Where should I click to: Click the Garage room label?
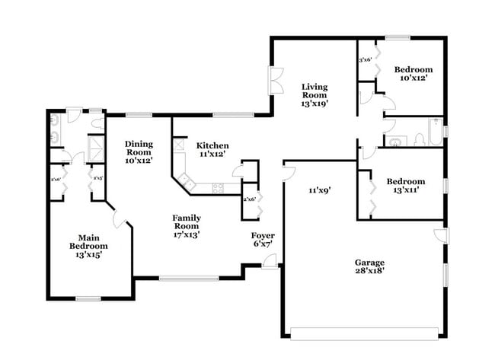pyautogui.click(x=369, y=266)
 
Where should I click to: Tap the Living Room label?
pyautogui.click(x=314, y=95)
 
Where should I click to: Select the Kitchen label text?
pyautogui.click(x=212, y=149)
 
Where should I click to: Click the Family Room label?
pyautogui.click(x=186, y=226)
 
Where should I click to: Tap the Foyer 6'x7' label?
pyautogui.click(x=263, y=241)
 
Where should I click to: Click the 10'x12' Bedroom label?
pyautogui.click(x=413, y=73)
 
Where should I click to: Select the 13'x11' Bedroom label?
pyautogui.click(x=405, y=186)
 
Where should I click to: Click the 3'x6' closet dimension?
pyautogui.click(x=366, y=59)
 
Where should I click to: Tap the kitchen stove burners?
pyautogui.click(x=218, y=187)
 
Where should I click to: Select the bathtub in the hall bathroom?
pyautogui.click(x=434, y=131)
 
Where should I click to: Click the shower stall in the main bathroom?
pyautogui.click(x=97, y=146)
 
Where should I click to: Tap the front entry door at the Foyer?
pyautogui.click(x=269, y=261)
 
